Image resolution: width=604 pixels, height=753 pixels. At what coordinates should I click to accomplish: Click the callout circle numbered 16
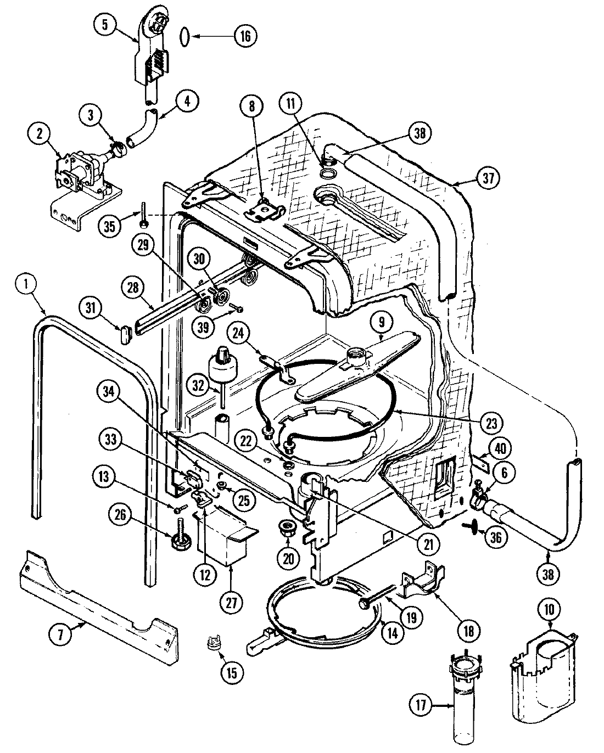(x=245, y=36)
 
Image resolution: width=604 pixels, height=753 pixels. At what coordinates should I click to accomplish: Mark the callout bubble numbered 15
(x=231, y=672)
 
